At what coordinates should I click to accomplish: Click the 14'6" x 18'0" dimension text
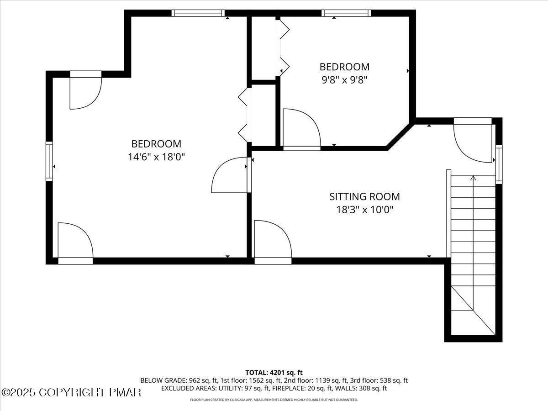(x=156, y=157)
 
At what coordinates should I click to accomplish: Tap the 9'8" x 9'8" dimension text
(x=344, y=80)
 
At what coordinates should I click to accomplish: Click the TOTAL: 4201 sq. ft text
(x=274, y=373)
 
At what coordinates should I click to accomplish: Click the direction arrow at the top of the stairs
(x=473, y=179)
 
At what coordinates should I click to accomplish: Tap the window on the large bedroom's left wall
(x=49, y=162)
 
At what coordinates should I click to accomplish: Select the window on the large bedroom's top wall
(x=198, y=13)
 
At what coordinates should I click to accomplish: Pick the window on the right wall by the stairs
(x=499, y=164)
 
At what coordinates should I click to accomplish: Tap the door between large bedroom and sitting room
(x=231, y=175)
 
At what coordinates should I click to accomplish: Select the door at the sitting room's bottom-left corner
(x=272, y=241)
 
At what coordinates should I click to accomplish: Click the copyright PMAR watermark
(x=71, y=392)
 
